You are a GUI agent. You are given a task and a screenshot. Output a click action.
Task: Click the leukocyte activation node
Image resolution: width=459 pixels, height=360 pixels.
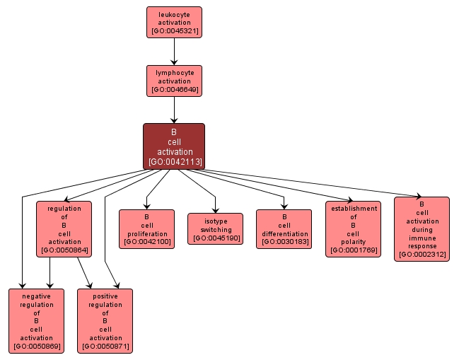(174, 22)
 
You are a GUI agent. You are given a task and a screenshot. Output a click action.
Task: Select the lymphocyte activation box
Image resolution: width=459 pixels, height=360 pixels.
(174, 81)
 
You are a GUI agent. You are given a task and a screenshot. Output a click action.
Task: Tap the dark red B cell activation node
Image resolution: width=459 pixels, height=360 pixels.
(174, 146)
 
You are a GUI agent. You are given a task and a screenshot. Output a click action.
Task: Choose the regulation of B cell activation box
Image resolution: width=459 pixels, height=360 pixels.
(64, 229)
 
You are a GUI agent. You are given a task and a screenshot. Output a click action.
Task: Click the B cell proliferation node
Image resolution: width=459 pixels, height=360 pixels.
(146, 229)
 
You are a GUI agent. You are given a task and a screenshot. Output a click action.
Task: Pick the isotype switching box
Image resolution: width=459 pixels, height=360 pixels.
(215, 229)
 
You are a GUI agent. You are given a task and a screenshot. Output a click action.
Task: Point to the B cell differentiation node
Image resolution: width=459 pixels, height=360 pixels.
(284, 229)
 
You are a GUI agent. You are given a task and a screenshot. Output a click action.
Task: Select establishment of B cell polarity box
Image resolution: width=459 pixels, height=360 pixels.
(353, 229)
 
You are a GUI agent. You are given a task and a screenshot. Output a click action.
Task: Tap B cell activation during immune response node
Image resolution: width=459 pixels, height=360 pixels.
(422, 229)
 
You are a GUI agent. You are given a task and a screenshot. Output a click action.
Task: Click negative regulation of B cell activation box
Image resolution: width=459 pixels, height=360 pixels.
(36, 321)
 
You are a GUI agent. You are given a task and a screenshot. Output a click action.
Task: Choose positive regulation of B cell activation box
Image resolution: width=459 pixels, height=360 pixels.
(105, 321)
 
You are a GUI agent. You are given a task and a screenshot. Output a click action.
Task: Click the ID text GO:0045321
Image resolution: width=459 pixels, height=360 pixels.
(174, 32)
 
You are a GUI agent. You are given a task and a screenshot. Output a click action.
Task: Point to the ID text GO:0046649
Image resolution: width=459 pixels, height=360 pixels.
(174, 91)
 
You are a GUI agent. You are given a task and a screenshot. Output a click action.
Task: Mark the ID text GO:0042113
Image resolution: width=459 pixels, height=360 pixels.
(174, 162)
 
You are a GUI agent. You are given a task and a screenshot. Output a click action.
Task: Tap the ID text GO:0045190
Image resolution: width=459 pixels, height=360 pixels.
(215, 238)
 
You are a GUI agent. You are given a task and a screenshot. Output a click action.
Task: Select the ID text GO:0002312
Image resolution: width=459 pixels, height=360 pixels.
(422, 255)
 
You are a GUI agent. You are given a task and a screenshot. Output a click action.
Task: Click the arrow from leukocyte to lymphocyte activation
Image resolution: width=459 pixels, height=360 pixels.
(174, 52)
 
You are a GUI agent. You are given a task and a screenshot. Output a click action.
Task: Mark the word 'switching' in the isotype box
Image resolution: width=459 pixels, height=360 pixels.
(215, 229)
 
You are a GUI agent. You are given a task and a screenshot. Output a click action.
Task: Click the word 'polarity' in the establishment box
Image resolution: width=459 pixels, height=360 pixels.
(353, 241)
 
